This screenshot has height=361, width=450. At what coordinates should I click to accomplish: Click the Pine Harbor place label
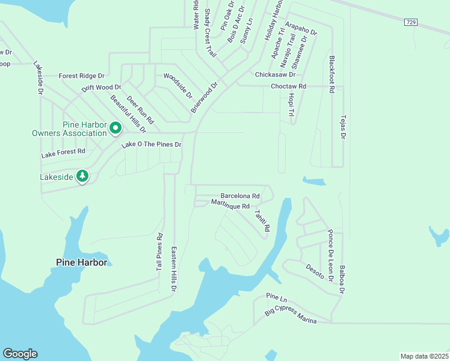81,262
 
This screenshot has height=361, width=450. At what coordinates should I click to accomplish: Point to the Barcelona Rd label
240,196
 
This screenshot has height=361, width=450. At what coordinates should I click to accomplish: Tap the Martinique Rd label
230,205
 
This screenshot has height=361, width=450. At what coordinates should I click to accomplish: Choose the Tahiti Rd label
262,220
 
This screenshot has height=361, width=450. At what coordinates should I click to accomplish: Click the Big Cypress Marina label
291,318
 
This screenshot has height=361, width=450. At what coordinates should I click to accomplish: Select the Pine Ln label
277,298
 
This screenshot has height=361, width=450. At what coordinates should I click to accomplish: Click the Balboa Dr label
341,277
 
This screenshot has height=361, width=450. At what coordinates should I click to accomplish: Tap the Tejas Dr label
344,128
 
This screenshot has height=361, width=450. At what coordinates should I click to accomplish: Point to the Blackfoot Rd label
331,74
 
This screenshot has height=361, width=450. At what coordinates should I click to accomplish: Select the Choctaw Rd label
288,87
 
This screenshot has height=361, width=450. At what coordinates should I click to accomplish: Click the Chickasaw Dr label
275,75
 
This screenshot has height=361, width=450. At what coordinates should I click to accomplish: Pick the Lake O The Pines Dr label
152,145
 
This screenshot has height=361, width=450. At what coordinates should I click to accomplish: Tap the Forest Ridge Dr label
81,76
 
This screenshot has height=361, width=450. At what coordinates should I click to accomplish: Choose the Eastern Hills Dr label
173,270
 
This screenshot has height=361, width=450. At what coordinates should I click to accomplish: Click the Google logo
20,354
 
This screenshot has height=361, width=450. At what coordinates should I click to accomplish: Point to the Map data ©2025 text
424,356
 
